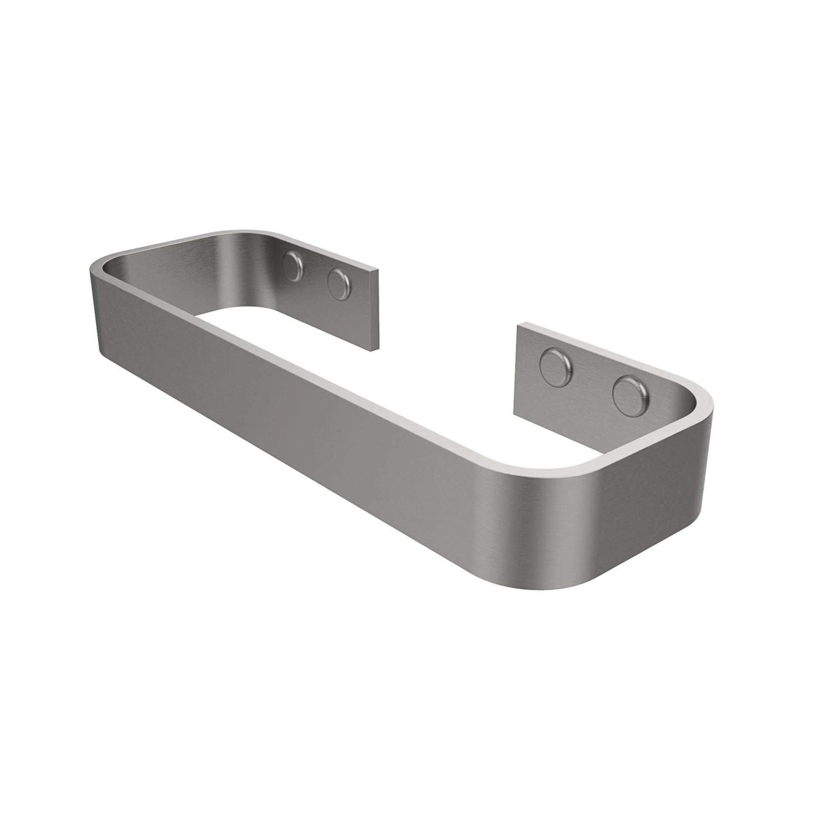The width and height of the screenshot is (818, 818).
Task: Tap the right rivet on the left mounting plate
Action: click(339, 284)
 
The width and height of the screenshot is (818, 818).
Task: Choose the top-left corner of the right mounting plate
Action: click(517, 326)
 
